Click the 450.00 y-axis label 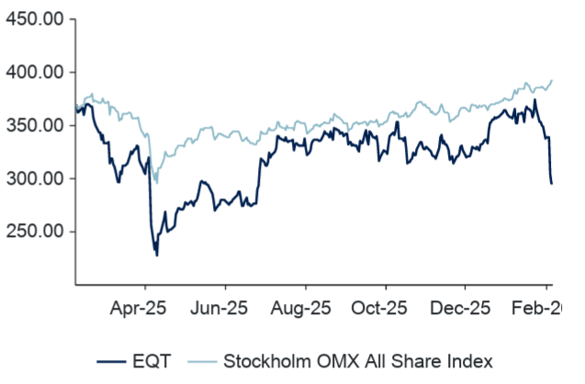(x=33, y=18)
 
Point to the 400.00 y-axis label (x=33, y=72)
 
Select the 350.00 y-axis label (x=33, y=125)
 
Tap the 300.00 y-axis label (x=33, y=178)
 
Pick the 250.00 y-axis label (x=33, y=232)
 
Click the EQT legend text (x=153, y=360)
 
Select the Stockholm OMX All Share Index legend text (x=359, y=360)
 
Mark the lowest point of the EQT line (x=156, y=254)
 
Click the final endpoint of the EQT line (x=552, y=184)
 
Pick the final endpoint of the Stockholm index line (x=552, y=80)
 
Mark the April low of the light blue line (x=156, y=183)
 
